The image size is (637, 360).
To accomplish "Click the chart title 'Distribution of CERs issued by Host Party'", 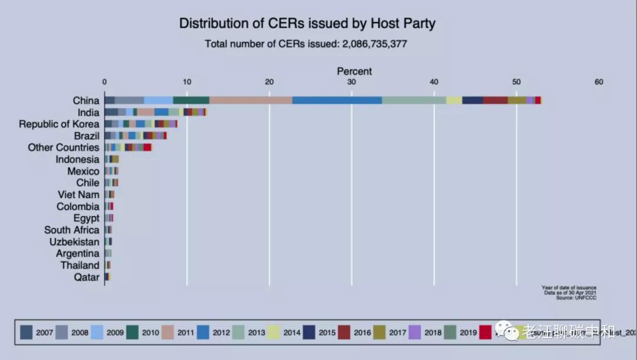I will click(x=307, y=24).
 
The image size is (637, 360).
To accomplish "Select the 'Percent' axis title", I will click(x=354, y=71).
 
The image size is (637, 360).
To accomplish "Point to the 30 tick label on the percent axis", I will click(x=352, y=82).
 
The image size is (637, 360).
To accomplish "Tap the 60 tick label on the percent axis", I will click(x=599, y=82).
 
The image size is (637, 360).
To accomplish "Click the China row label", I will click(x=86, y=100).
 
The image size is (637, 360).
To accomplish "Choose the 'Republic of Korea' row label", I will click(x=59, y=124).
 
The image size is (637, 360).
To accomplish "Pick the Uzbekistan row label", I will click(x=74, y=242).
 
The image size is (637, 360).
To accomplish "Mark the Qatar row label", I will click(x=87, y=277).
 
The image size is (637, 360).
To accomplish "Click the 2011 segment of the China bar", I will click(x=251, y=100).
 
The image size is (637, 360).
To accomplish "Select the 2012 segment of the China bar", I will click(x=337, y=100).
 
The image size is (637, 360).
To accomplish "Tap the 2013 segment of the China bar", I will click(x=414, y=100).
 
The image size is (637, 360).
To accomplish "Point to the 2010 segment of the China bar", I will click(x=191, y=100).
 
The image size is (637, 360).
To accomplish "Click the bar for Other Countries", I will click(x=128, y=148).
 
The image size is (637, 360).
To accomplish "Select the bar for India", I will click(x=155, y=112).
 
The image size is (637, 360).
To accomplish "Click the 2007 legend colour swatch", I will click(x=26, y=332).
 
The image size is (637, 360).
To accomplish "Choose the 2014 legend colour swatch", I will click(x=274, y=332).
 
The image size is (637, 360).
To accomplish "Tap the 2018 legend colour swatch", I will click(x=415, y=332).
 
